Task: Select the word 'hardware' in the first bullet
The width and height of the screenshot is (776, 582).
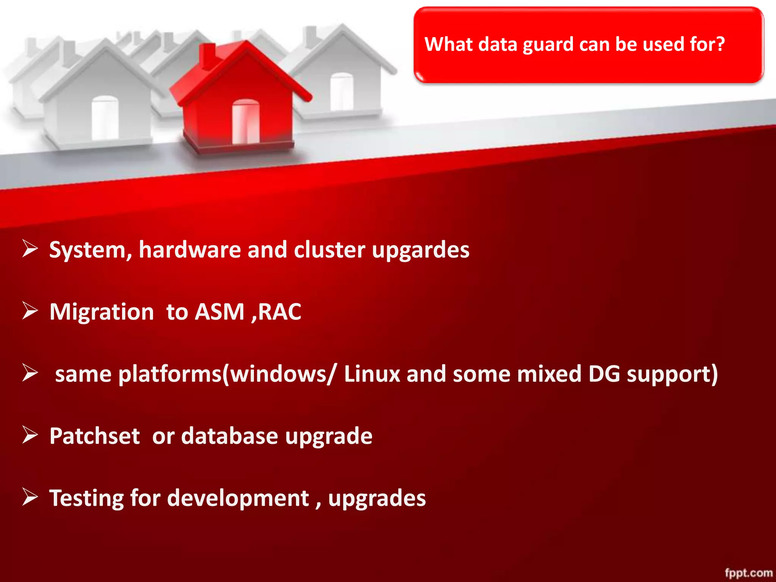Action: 190,250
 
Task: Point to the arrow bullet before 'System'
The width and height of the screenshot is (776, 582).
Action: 30,249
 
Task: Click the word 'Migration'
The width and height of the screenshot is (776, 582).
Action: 102,312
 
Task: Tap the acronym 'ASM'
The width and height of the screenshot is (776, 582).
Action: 220,312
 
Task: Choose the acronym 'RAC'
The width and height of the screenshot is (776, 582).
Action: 280,312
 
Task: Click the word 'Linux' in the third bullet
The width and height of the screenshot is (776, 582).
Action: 372,374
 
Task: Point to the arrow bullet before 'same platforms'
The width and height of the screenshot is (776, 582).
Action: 30,373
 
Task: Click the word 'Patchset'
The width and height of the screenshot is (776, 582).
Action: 95,436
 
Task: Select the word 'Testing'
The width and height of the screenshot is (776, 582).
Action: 86,499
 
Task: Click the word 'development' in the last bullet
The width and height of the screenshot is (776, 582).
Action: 238,498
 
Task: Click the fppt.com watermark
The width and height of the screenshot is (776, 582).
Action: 749,573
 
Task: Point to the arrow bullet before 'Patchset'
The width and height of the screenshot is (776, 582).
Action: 30,435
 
